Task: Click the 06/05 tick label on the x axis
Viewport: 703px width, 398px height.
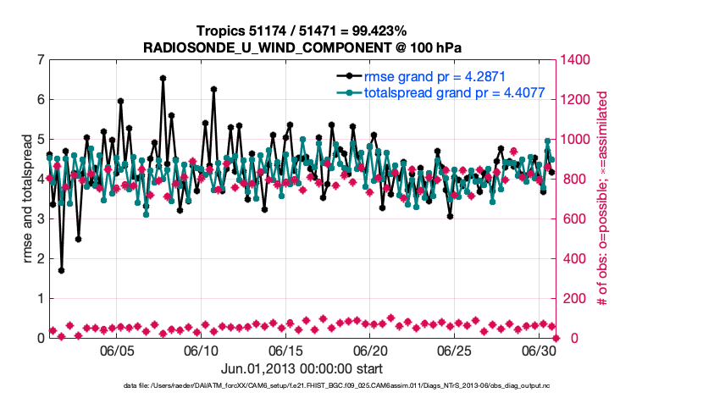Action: (x=118, y=351)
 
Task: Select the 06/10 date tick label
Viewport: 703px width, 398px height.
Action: (x=202, y=351)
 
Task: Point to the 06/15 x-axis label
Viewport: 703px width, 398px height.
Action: (x=286, y=351)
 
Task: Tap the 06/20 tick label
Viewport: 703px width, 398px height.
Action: (x=370, y=351)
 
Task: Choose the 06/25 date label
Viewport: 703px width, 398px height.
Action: (x=454, y=351)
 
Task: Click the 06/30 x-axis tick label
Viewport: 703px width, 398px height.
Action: (x=538, y=351)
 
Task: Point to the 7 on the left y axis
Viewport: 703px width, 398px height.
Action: (x=41, y=60)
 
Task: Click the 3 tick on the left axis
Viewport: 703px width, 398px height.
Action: (x=41, y=219)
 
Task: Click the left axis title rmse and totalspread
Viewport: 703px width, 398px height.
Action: (x=26, y=199)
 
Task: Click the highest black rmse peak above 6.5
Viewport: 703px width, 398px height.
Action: (x=163, y=78)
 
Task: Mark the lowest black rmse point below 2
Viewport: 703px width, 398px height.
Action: (x=61, y=271)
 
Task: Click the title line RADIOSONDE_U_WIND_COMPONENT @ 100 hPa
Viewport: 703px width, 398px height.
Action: (x=303, y=47)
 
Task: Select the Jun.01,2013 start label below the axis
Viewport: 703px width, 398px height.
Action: (x=302, y=369)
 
